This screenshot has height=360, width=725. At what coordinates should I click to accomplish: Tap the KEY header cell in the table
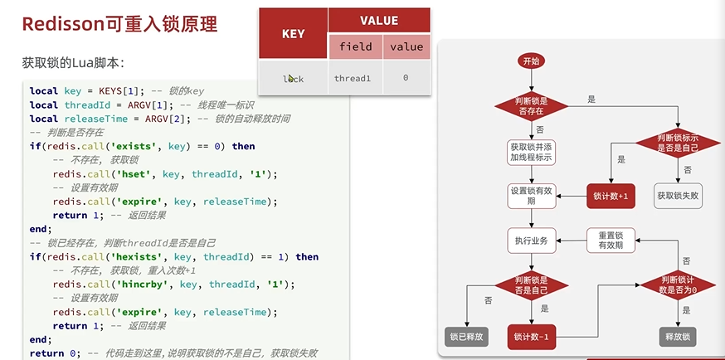(293, 34)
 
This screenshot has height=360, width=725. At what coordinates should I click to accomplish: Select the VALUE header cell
(378, 20)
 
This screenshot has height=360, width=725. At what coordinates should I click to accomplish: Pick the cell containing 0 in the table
(406, 78)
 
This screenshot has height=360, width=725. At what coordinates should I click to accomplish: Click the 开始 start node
(531, 61)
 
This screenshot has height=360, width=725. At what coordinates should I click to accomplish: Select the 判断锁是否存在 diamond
(531, 106)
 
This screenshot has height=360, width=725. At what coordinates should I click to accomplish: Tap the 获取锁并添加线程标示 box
(531, 152)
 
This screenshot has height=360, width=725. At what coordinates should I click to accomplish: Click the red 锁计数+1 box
(611, 196)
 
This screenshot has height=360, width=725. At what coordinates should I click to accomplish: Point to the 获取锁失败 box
(678, 196)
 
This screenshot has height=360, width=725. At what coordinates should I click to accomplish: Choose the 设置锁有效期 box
(531, 196)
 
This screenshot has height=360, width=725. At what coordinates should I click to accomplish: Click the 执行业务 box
(531, 241)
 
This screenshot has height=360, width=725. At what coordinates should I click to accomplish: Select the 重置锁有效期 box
(611, 241)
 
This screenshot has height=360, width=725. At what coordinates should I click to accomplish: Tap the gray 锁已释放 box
(466, 337)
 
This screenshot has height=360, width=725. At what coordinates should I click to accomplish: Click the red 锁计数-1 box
(531, 337)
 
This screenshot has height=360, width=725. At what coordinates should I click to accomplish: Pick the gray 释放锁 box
(678, 337)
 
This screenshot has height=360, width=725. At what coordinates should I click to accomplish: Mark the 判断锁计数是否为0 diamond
(678, 285)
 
